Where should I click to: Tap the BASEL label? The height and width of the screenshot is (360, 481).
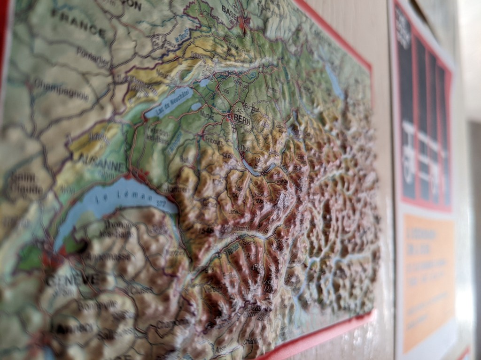(x=230, y=9)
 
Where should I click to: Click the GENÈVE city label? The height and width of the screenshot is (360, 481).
(x=73, y=280)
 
